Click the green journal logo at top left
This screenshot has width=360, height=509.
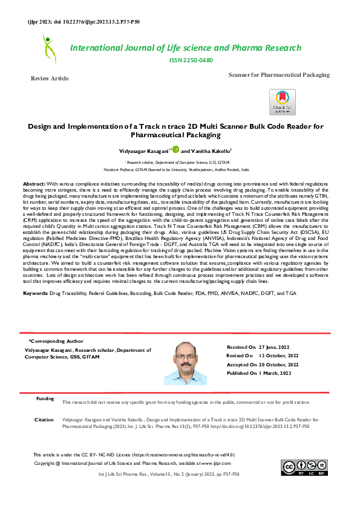pyautogui.click(x=48, y=48)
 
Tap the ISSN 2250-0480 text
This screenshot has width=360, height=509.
pyautogui.click(x=192, y=60)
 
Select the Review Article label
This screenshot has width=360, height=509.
pyautogui.click(x=50, y=79)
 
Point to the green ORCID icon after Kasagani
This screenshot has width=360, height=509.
pyautogui.click(x=176, y=149)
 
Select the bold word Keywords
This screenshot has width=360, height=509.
pyautogui.click(x=35, y=293)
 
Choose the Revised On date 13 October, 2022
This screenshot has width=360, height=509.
pyautogui.click(x=278, y=356)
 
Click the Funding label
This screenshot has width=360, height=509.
pyautogui.click(x=45, y=399)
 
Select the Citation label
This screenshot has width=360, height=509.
pyautogui.click(x=44, y=420)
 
